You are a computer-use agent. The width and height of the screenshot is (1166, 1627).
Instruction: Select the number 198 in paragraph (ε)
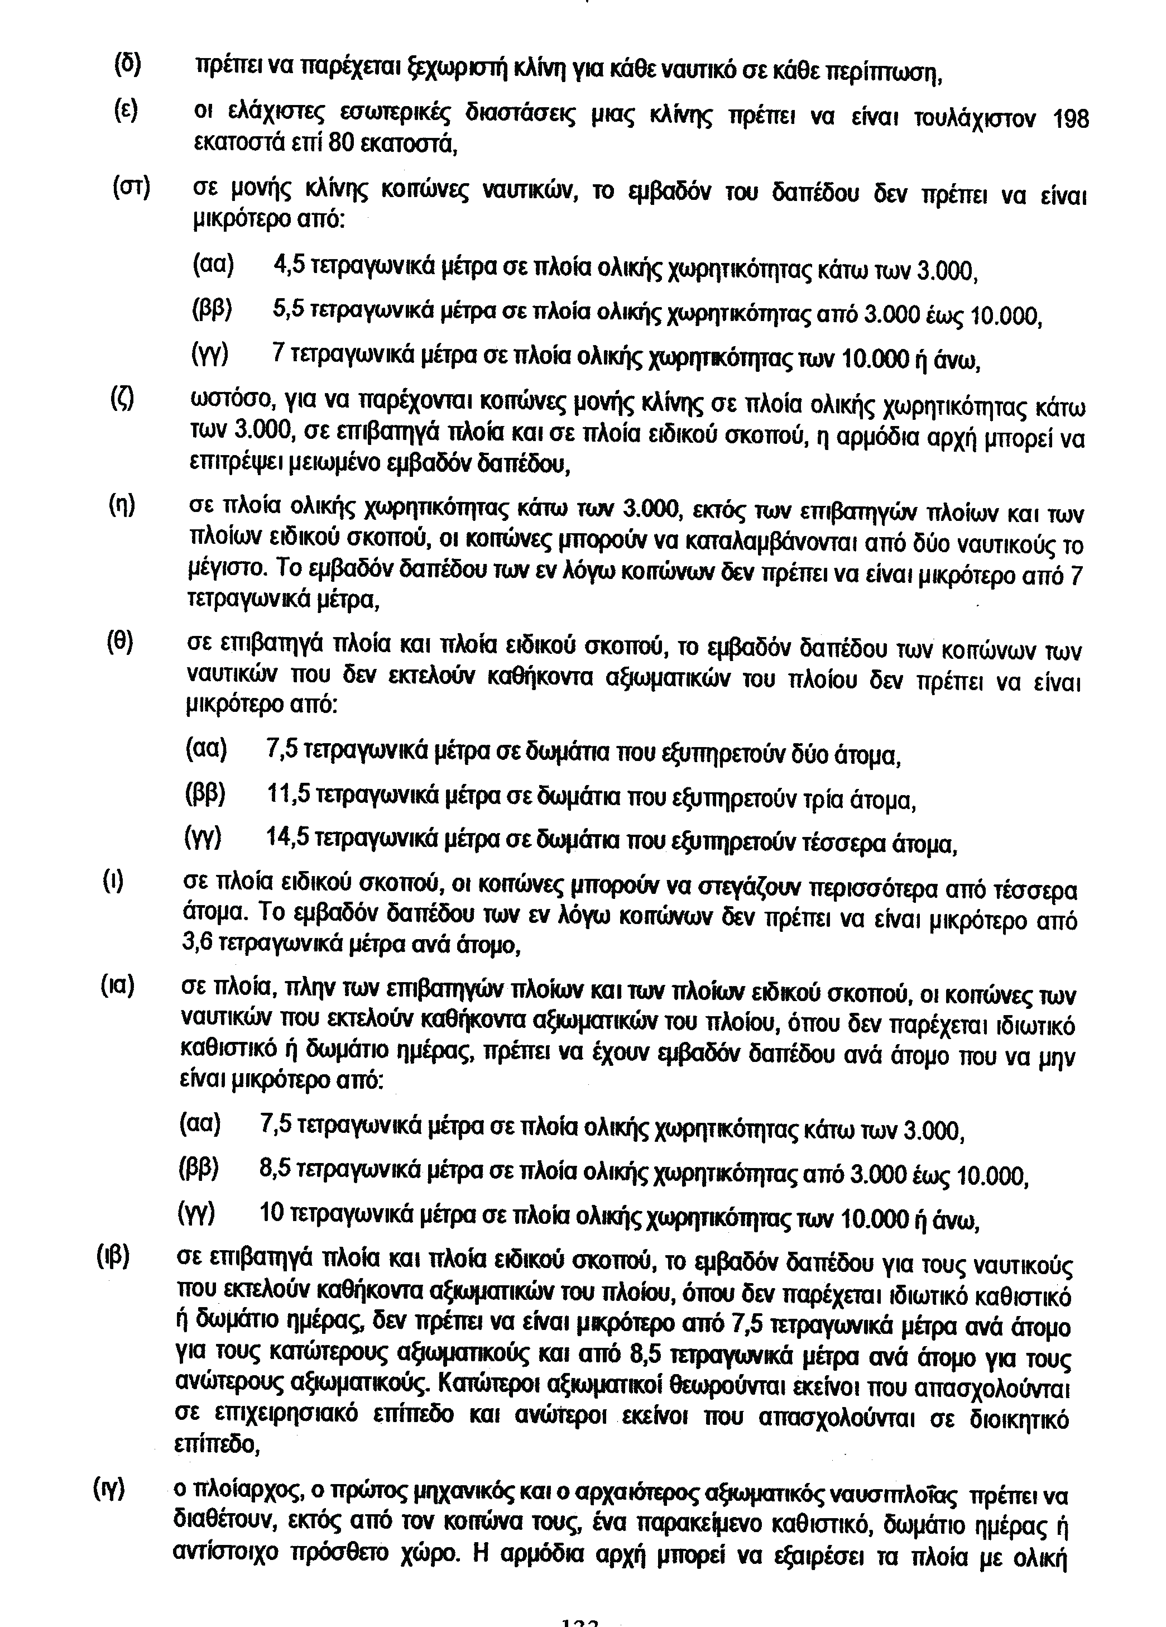pyautogui.click(x=1069, y=119)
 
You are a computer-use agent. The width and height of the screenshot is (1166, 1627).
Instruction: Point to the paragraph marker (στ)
pyautogui.click(x=131, y=188)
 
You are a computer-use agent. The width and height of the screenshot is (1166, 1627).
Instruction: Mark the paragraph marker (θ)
pyautogui.click(x=120, y=642)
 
